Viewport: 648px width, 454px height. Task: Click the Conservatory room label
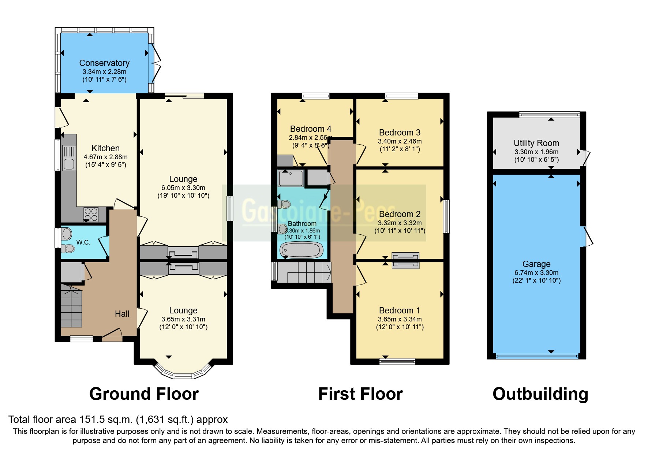(104, 63)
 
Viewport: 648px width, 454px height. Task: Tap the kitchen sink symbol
(69, 158)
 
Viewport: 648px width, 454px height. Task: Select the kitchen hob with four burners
(91, 215)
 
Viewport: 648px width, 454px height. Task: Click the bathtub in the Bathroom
(301, 250)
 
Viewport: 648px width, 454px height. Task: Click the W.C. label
(83, 242)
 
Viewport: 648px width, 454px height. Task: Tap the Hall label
(122, 314)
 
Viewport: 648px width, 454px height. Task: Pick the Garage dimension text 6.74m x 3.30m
(536, 272)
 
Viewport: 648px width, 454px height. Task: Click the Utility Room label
(536, 143)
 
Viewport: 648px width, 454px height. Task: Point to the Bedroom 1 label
(400, 310)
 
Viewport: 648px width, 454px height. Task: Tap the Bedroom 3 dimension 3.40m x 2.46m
(400, 141)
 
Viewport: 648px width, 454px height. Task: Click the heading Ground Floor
(144, 394)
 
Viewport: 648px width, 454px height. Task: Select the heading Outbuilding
(540, 394)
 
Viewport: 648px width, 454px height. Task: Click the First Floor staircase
(304, 273)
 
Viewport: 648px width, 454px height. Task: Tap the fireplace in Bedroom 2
(405, 260)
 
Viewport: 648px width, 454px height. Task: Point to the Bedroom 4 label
(310, 129)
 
